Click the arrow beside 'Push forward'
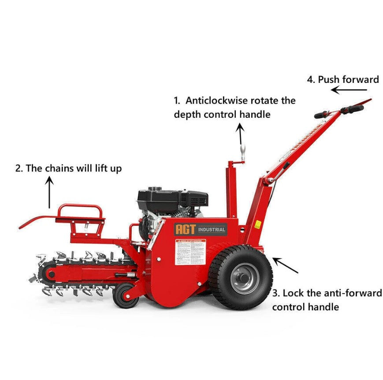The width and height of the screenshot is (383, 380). point(349,90)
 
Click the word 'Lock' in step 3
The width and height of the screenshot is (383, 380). point(292,293)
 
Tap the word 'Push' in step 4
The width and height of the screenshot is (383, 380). point(327,80)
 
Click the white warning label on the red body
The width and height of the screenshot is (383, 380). point(190,252)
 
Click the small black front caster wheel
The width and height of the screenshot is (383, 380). point(126,296)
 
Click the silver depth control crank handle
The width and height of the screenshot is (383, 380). point(242,154)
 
